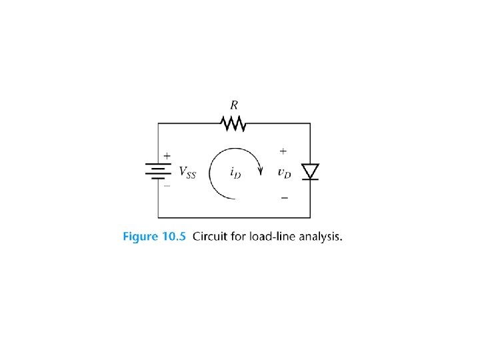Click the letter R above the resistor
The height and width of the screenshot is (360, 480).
234,105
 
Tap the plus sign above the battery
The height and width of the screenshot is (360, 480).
167,156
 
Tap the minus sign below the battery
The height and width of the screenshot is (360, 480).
167,186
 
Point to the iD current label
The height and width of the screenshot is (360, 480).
235,173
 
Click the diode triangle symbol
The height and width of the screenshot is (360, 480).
310,171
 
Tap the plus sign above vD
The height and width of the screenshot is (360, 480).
283,151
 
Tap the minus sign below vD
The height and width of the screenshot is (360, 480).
284,197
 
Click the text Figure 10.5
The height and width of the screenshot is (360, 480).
154,237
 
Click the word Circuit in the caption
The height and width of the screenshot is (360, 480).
209,237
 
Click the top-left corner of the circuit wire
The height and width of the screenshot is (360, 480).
158,123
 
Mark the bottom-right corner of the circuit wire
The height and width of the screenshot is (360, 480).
310,217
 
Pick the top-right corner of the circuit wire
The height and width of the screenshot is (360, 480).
310,123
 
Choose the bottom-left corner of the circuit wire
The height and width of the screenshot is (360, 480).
158,217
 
